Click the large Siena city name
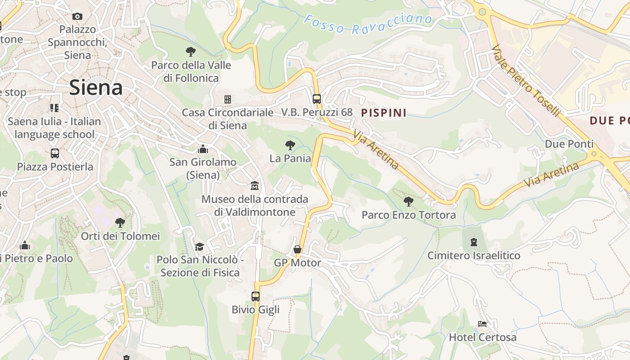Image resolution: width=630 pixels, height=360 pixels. coord(96,88)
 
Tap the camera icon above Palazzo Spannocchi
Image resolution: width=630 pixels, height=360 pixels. coord(77,17)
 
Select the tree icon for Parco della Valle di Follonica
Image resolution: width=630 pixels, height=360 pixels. coord(191,51)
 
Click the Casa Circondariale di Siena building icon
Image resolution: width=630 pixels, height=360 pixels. coord(228,99)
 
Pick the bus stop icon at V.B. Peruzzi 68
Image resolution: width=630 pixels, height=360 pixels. coord(317,99)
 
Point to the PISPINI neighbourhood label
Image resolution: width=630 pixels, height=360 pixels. coord(384,112)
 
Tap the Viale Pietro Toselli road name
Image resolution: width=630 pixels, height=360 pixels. coord(526,81)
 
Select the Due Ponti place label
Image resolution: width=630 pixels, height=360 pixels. coord(569,144)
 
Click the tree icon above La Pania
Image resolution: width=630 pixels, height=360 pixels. coord(290,145)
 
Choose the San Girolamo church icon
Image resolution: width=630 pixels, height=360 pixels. coord(203,148)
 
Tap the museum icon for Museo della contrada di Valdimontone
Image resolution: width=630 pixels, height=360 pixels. coord(255,185)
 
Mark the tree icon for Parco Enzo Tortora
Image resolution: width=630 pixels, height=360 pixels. coord(408,201)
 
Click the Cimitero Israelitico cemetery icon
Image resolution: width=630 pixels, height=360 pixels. coord(473,242)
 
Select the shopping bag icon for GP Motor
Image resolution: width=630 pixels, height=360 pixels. coord(297,249)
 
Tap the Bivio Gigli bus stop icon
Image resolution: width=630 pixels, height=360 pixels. coord(256,296)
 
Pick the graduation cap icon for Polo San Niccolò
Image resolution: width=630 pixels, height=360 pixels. coord(199,247)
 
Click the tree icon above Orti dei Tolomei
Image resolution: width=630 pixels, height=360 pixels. coord(120,222)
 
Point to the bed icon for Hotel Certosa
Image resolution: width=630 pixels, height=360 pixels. coord(482,324)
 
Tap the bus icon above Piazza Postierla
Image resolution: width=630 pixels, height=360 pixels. coord(55,153)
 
